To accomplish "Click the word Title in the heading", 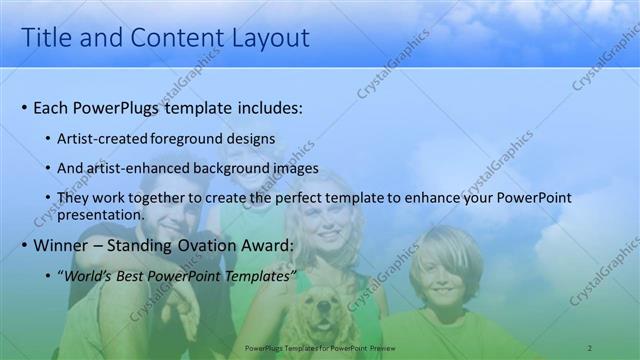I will click(45, 38).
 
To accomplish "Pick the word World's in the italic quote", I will click(87, 276).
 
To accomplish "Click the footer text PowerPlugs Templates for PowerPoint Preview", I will click(320, 348).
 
